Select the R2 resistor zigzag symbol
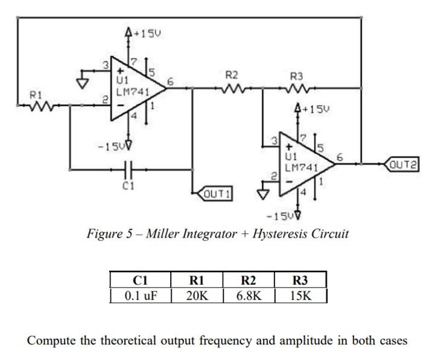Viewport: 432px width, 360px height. pos(232,89)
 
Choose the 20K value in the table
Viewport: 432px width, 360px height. pos(197,296)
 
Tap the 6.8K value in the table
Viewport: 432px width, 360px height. pos(248,296)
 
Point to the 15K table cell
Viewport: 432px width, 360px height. pos(300,296)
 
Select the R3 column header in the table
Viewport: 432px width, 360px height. pos(300,280)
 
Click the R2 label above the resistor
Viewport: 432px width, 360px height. pos(232,75)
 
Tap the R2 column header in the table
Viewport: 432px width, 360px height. pos(248,280)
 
